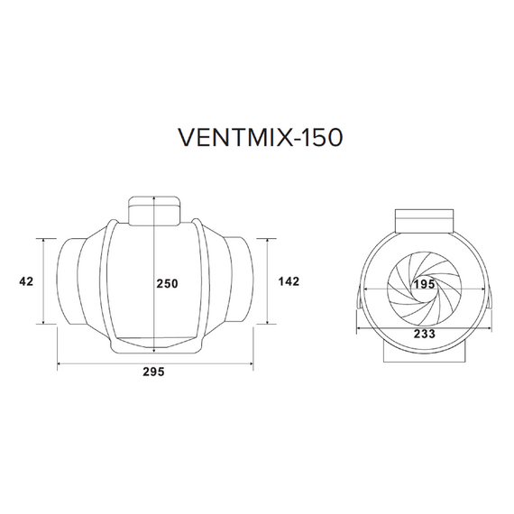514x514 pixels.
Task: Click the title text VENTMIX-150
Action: (257, 140)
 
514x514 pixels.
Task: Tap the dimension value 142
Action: (289, 282)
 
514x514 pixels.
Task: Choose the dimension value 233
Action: (424, 333)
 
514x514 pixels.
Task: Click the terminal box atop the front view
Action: (424, 219)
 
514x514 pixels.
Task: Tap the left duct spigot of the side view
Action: (70, 280)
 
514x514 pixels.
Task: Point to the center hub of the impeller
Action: (424, 298)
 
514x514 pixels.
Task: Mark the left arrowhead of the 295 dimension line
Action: (60, 365)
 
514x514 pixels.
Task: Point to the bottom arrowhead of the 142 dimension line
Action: (268, 323)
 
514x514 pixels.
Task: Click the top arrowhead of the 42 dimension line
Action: (44, 240)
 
